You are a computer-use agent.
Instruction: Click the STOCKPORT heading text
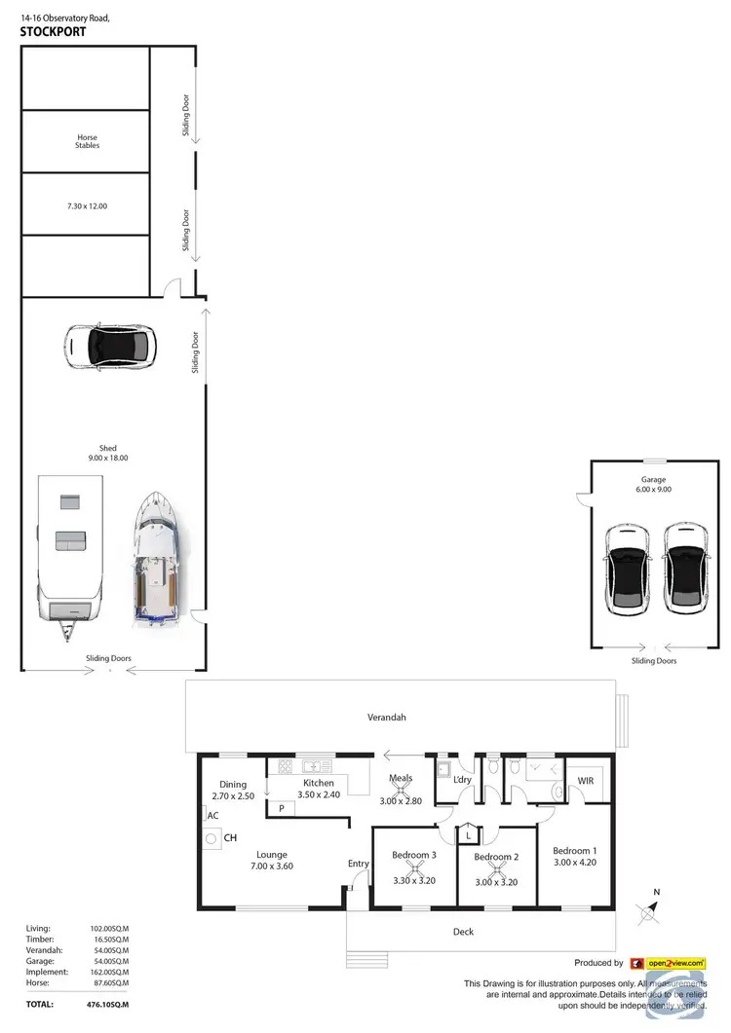click(x=54, y=31)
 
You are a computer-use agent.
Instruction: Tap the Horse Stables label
click(x=88, y=141)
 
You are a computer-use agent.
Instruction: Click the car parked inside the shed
click(x=109, y=346)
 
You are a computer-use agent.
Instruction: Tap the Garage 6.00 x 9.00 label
click(x=655, y=484)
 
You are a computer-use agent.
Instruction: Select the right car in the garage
click(x=684, y=569)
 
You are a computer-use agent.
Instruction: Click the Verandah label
click(x=386, y=718)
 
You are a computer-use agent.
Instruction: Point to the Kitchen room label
click(x=319, y=783)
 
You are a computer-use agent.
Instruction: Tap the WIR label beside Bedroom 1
click(x=586, y=781)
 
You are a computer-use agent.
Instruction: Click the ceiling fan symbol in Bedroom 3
click(x=413, y=869)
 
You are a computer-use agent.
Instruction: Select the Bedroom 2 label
click(x=495, y=857)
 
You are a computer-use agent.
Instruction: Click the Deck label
click(x=463, y=932)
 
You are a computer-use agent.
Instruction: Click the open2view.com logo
click(x=668, y=963)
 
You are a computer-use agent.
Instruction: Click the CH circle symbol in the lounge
click(x=211, y=836)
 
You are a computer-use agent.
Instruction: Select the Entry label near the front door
click(x=359, y=864)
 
